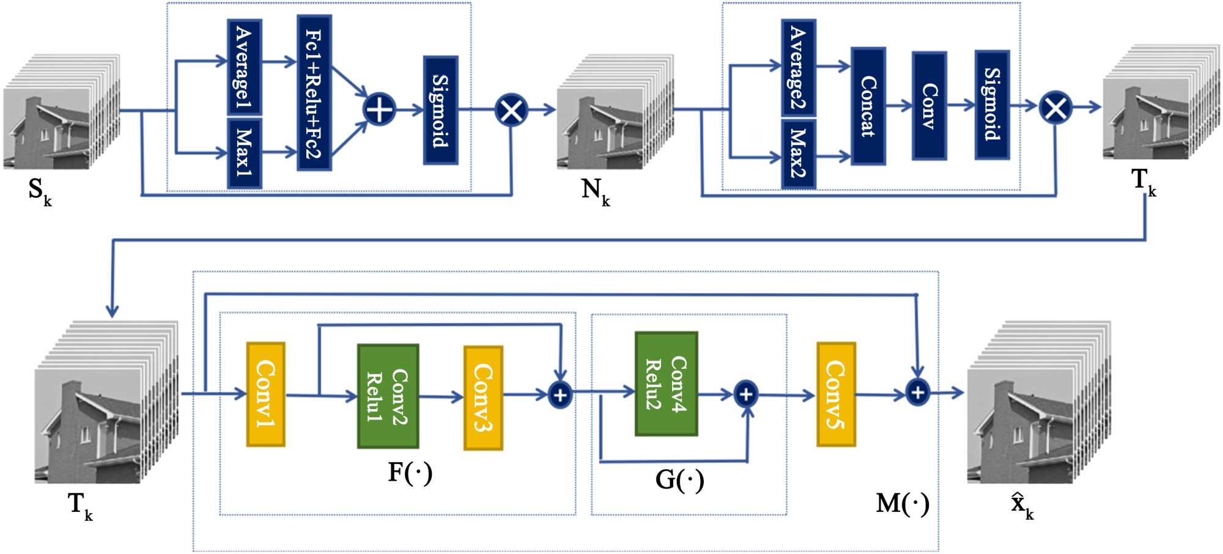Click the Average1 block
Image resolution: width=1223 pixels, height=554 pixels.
tap(245, 66)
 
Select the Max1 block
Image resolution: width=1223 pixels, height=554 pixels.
tap(245, 153)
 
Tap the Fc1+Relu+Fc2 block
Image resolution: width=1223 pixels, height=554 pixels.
tap(314, 93)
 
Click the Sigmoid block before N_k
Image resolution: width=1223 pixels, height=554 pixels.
tap(440, 110)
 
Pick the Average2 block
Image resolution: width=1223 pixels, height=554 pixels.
tap(798, 67)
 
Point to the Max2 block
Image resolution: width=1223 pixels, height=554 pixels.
tap(798, 153)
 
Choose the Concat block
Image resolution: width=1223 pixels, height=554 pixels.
tap(868, 106)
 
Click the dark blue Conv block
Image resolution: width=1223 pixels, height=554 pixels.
tap(929, 106)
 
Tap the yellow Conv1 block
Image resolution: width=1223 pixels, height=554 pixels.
tap(265, 394)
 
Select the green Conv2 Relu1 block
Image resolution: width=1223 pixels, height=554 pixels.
tap(388, 396)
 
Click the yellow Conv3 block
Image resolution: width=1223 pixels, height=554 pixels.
tap(483, 397)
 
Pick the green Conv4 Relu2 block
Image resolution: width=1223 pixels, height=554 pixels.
tap(666, 383)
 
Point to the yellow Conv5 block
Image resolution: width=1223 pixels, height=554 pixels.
tap(836, 394)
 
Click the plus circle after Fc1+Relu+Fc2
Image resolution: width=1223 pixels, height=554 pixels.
tap(379, 110)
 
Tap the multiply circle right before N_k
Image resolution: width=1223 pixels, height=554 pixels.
tap(511, 111)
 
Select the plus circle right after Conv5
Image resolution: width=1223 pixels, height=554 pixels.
tap(917, 392)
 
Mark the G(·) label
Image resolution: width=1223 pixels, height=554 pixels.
tap(679, 480)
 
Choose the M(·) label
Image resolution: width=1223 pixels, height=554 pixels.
tap(903, 504)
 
